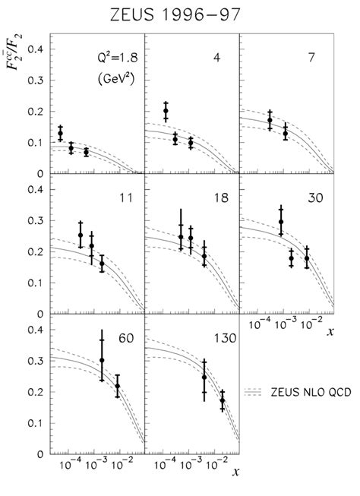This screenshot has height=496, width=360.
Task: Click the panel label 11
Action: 125,198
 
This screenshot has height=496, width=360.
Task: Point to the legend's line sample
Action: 254,392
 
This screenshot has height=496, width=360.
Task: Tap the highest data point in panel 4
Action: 166,112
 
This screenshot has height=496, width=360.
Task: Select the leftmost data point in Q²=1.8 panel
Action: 60,134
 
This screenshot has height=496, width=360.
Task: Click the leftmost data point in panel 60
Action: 102,360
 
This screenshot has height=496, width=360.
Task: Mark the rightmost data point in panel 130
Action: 223,400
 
